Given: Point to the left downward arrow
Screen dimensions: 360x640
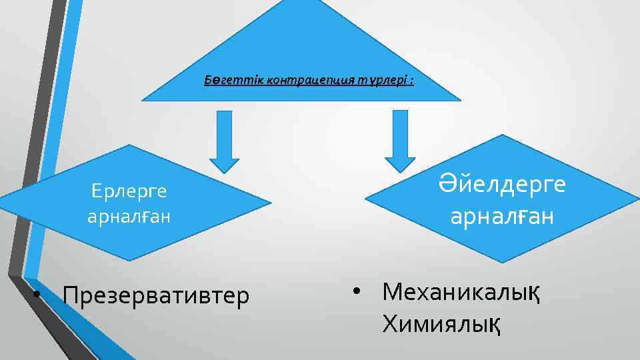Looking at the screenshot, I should [x=225, y=141].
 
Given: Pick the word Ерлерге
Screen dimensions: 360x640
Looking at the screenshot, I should [x=129, y=192].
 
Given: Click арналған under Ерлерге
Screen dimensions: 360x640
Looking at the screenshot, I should [x=129, y=217].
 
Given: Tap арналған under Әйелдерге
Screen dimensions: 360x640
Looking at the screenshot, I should [x=502, y=217].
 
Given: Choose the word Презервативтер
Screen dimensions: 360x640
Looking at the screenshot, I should [x=156, y=294].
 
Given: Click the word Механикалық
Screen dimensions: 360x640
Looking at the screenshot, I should [x=461, y=291].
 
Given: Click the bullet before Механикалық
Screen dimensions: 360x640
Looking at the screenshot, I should [x=357, y=292].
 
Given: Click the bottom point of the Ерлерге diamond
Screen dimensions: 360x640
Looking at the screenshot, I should [x=129, y=259].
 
